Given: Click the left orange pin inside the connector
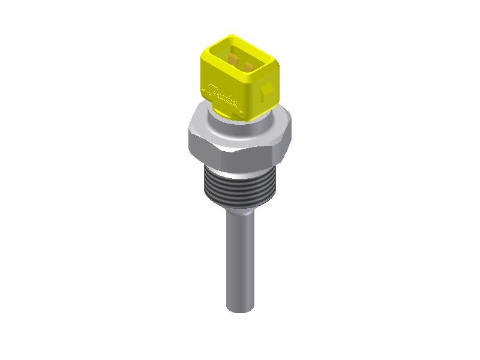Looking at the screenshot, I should click(233, 58).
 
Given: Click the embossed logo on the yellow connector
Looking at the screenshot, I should click(223, 93).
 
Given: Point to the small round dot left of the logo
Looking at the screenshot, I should click(203, 91).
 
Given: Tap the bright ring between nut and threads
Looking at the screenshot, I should click(240, 174).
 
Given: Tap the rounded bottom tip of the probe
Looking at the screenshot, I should click(240, 309).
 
